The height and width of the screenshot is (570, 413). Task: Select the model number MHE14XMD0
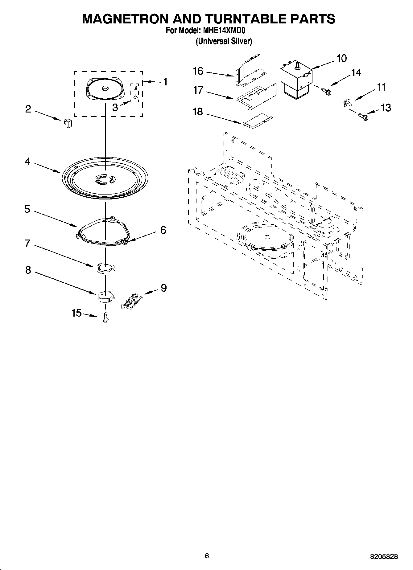224,31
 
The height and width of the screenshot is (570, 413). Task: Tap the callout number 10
341,58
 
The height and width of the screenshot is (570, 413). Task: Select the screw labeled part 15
105,318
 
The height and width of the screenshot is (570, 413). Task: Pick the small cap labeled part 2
68,123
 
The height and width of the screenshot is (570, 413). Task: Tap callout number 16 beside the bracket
198,71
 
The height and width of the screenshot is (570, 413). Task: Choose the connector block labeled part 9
131,301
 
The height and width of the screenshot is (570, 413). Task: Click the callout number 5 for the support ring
27,209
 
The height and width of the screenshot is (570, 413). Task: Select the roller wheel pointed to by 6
126,242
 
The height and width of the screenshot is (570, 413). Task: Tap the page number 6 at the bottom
207,556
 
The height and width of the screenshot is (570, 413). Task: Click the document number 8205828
384,556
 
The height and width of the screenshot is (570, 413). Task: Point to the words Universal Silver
224,41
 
